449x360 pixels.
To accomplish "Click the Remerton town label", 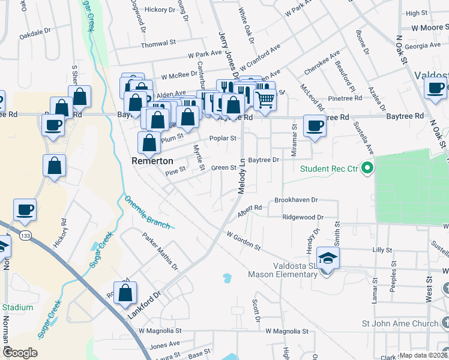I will tap(152, 161).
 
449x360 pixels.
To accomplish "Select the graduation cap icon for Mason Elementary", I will tap(328, 259).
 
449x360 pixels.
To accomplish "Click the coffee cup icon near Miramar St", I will tap(314, 126).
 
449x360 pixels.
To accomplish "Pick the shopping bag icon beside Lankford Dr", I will tap(125, 293).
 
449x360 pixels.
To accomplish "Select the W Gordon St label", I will tap(244, 240).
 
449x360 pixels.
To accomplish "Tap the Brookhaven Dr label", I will tap(295, 199).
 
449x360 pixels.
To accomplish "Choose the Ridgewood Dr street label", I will tap(303, 217).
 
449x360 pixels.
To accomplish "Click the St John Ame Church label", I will tap(400, 324).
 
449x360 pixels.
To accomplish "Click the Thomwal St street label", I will tap(158, 44).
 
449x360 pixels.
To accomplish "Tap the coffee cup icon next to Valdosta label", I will tap(435, 88).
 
